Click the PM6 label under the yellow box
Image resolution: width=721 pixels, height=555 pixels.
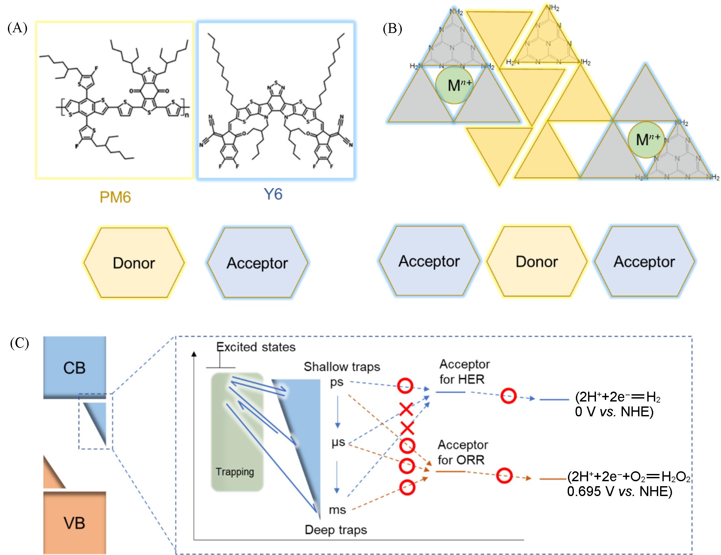click(115, 197)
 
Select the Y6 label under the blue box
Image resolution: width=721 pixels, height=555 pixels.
click(273, 194)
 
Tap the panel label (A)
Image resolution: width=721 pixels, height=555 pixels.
click(17, 28)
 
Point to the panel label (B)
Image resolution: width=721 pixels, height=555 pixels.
click(392, 29)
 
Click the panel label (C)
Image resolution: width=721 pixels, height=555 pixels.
click(19, 344)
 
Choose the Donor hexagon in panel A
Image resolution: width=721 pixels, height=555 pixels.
click(134, 263)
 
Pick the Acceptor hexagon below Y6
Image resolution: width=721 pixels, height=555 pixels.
click(257, 263)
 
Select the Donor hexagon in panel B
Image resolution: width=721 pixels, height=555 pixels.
click(536, 262)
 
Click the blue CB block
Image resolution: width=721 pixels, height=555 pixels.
click(75, 367)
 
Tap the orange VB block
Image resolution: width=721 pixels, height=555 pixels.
click(75, 523)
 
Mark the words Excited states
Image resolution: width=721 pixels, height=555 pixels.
click(256, 347)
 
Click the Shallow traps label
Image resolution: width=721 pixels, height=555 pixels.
click(342, 367)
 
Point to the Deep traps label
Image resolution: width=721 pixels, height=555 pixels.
click(336, 530)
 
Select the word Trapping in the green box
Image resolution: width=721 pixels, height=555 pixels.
click(235, 472)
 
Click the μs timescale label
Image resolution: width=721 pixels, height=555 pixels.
click(338, 442)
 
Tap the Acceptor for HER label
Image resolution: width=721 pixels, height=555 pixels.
click(464, 372)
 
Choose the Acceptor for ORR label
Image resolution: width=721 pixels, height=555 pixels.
click(463, 452)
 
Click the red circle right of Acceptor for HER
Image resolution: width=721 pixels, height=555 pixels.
click(508, 396)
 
